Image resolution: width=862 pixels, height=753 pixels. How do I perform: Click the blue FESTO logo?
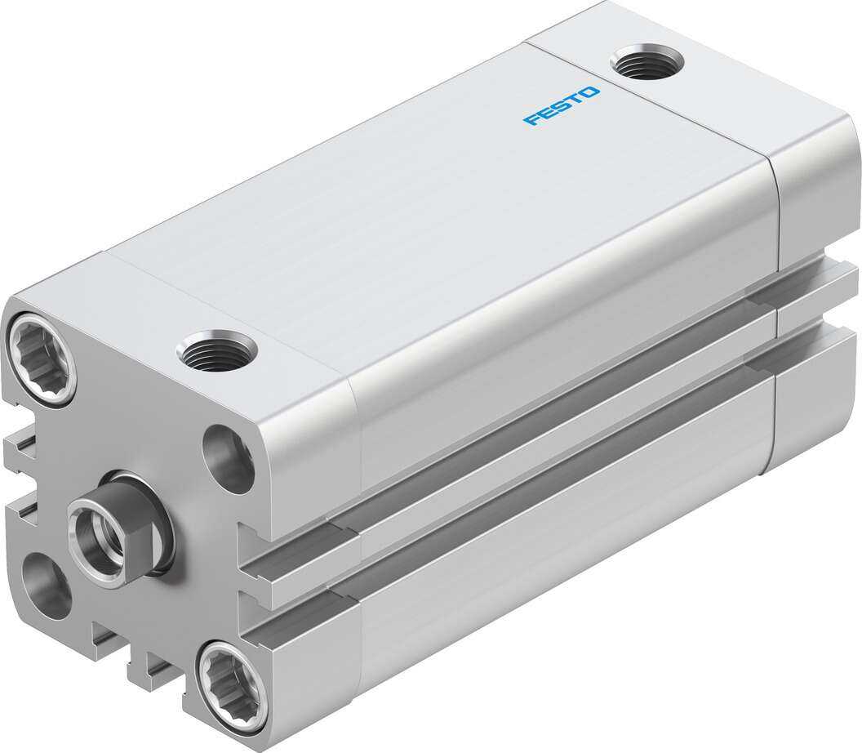[561, 105]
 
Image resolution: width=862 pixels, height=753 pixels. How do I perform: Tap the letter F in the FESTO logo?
[531, 119]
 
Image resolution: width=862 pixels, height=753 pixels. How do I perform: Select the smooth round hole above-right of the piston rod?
[227, 457]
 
